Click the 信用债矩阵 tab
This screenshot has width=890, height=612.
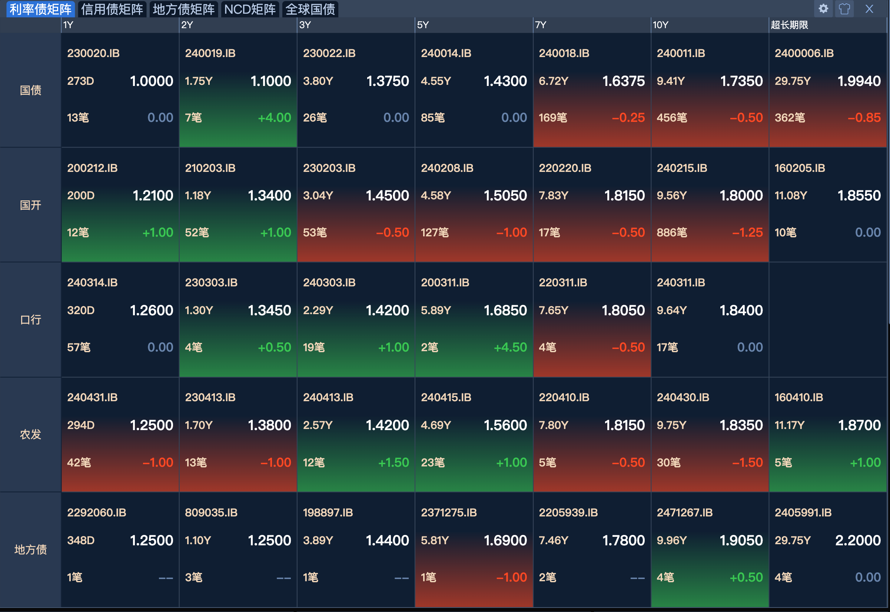pyautogui.click(x=112, y=9)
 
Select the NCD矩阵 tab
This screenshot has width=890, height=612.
pyautogui.click(x=250, y=9)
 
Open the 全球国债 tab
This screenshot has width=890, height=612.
pyautogui.click(x=310, y=9)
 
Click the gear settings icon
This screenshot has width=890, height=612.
pyautogui.click(x=823, y=9)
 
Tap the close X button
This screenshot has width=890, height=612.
pyautogui.click(x=869, y=9)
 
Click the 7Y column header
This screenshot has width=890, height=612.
pyautogui.click(x=541, y=25)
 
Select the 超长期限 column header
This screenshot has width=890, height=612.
pyautogui.click(x=789, y=25)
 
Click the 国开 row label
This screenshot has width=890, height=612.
pyautogui.click(x=30, y=205)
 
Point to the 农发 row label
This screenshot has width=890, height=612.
pyautogui.click(x=30, y=435)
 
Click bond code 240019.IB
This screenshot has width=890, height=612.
pyautogui.click(x=210, y=53)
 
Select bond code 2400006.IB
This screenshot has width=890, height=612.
pyautogui.click(x=804, y=53)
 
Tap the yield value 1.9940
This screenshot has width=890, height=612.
pyautogui.click(x=859, y=81)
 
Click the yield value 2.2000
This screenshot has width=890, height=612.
pyautogui.click(x=858, y=540)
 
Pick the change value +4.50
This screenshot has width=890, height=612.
pyautogui.click(x=510, y=347)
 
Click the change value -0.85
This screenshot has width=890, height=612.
pyautogui.click(x=864, y=118)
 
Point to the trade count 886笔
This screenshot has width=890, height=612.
pyautogui.click(x=671, y=232)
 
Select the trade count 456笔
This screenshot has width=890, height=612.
pyautogui.click(x=671, y=118)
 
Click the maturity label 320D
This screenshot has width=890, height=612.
pyautogui.click(x=80, y=310)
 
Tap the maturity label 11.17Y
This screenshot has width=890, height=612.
pyautogui.click(x=789, y=425)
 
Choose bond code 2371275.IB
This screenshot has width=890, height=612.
pyautogui.click(x=449, y=513)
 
